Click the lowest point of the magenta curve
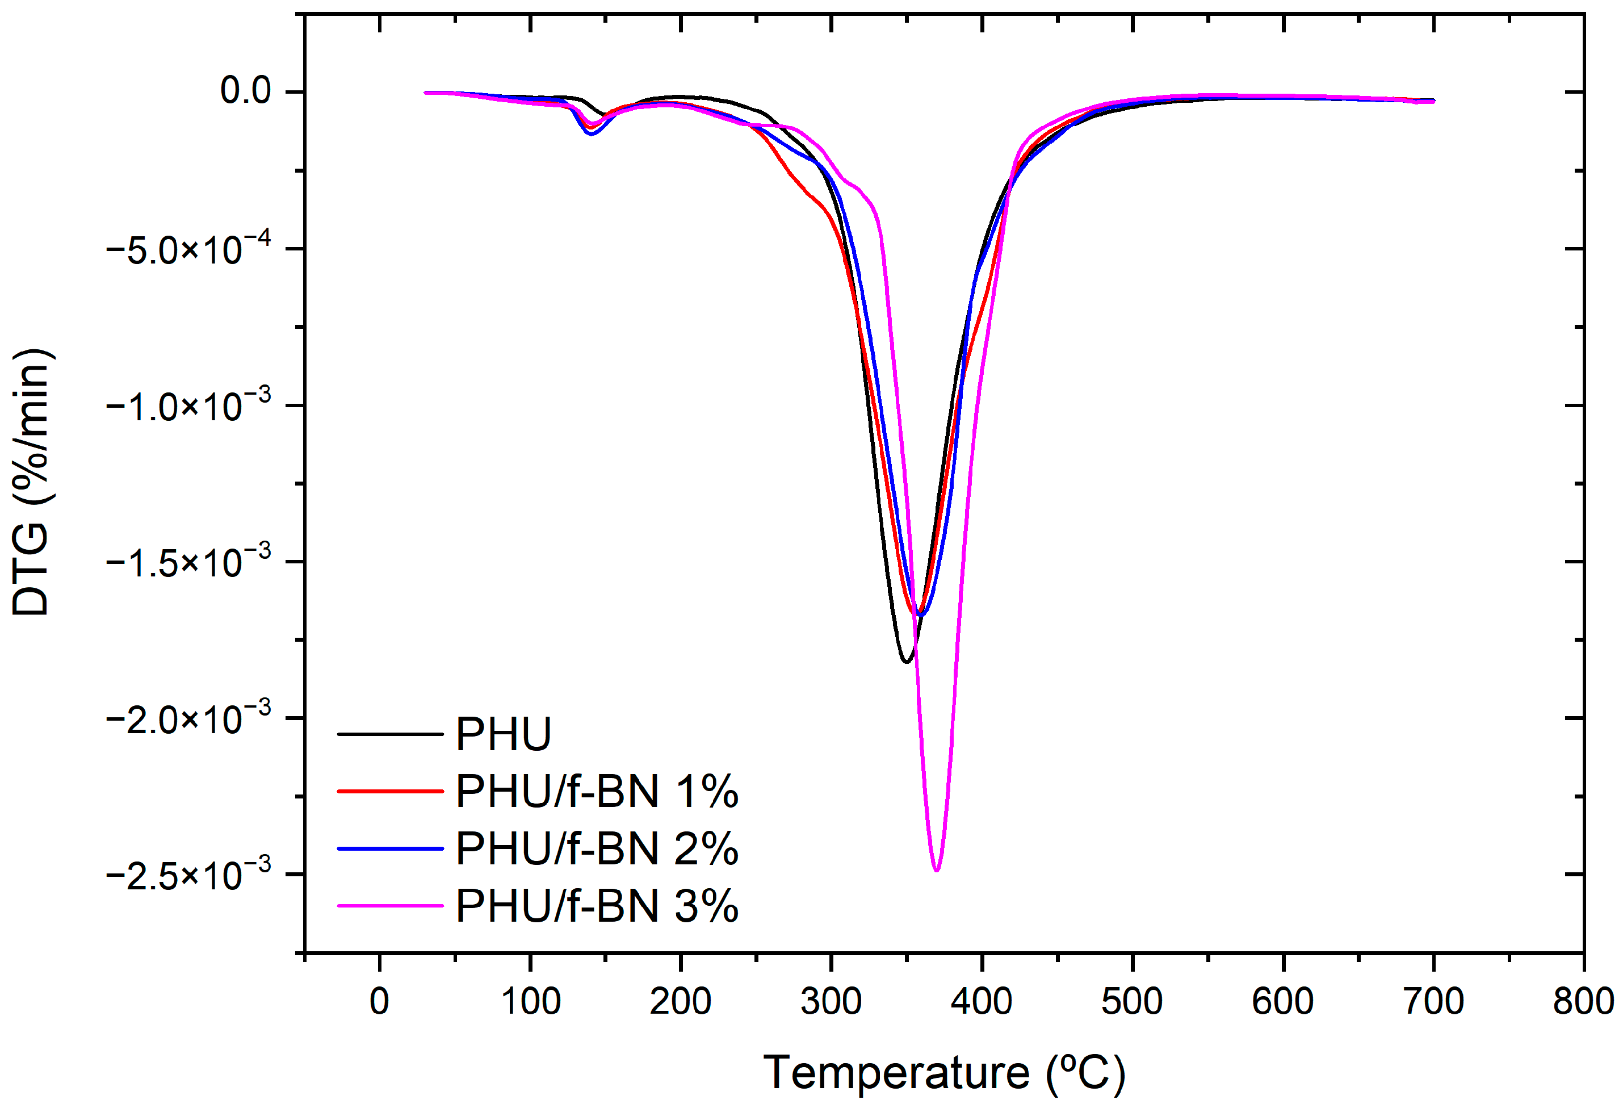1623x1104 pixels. pyautogui.click(x=937, y=870)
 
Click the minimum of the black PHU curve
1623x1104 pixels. pyautogui.click(x=907, y=661)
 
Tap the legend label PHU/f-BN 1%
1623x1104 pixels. pyautogui.click(x=597, y=792)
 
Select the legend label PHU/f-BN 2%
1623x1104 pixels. pyautogui.click(x=597, y=849)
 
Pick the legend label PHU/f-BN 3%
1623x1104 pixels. pyautogui.click(x=597, y=906)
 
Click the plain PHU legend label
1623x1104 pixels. pyautogui.click(x=504, y=734)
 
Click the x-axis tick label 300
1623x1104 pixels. pyautogui.click(x=831, y=1001)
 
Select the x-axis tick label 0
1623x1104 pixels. pyautogui.click(x=379, y=1001)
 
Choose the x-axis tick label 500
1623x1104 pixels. pyautogui.click(x=1132, y=1001)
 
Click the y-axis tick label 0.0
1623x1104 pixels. pyautogui.click(x=245, y=90)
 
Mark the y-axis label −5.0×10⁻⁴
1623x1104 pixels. pyautogui.click(x=188, y=249)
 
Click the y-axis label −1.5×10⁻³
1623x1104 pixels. pyautogui.click(x=188, y=562)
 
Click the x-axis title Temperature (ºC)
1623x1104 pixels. pyautogui.click(x=944, y=1073)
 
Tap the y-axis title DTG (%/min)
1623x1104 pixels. pyautogui.click(x=31, y=482)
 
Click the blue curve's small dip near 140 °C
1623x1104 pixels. pyautogui.click(x=592, y=133)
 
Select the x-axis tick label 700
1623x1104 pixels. pyautogui.click(x=1433, y=1001)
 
